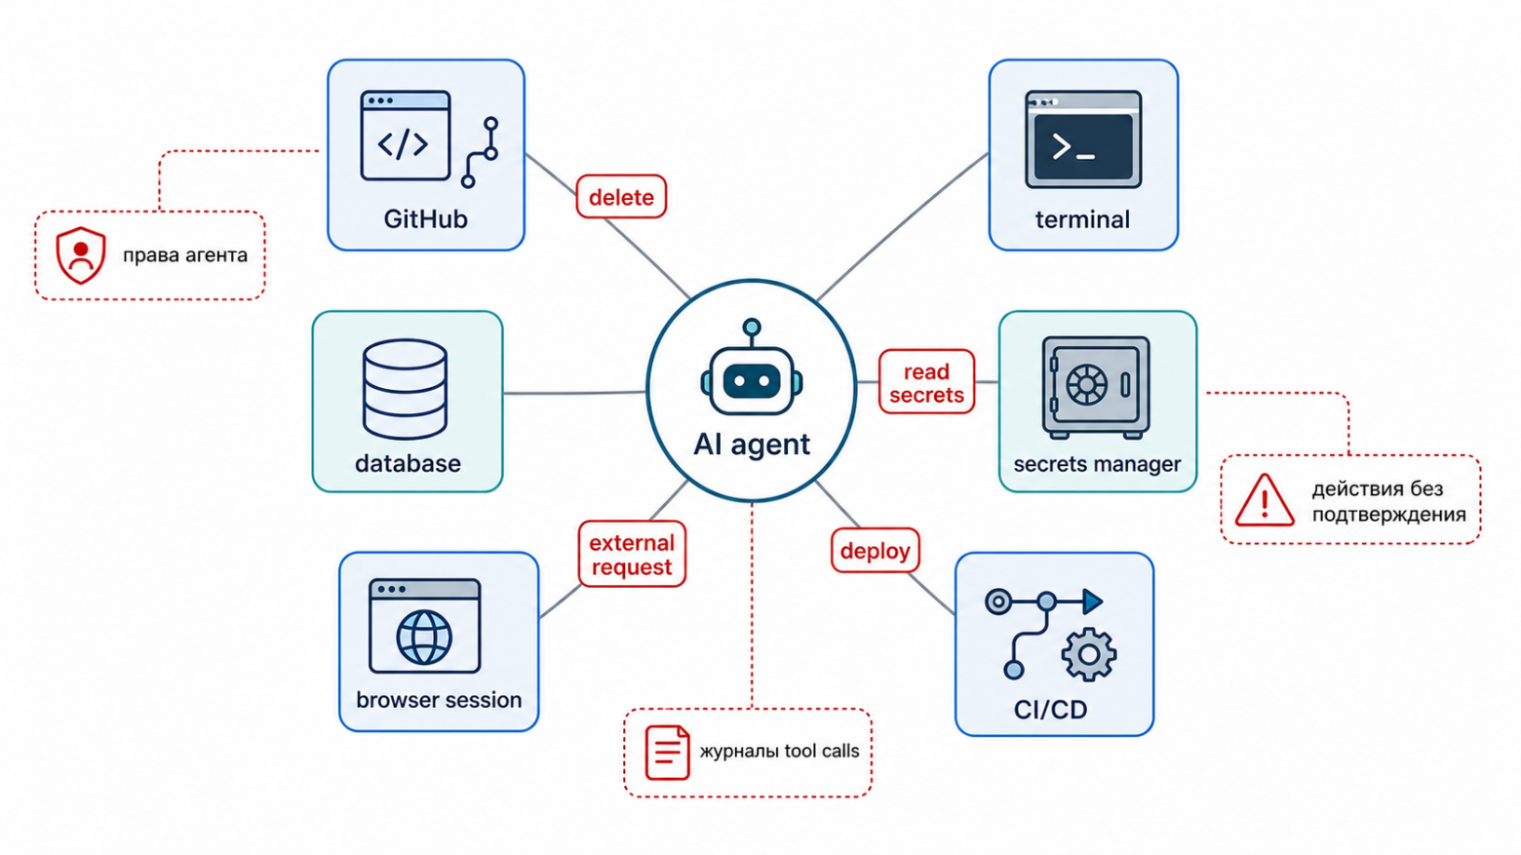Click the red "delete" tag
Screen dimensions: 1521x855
tap(621, 197)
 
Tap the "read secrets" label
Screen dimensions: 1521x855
tap(926, 382)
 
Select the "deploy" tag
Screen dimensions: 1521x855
tap(876, 550)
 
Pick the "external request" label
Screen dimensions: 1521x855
tap(632, 554)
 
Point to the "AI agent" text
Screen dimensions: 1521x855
tap(752, 445)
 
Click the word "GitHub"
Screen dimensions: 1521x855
tap(426, 218)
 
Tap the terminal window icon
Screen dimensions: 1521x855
tap(1083, 139)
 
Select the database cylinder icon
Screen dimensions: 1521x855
tap(405, 388)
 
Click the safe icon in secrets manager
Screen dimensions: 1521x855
tap(1096, 387)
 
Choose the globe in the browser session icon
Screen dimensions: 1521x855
tap(424, 638)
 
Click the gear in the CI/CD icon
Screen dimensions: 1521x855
tap(1089, 655)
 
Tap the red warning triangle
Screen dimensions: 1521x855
tap(1265, 500)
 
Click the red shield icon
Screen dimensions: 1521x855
tap(81, 255)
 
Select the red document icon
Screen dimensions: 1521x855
tap(667, 753)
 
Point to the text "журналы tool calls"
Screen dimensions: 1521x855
tap(780, 751)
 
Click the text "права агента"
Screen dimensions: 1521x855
tap(185, 255)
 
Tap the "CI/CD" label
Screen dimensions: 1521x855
tap(1050, 710)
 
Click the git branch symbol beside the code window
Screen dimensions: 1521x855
tap(480, 153)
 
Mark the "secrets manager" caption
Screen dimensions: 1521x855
tap(1097, 464)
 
